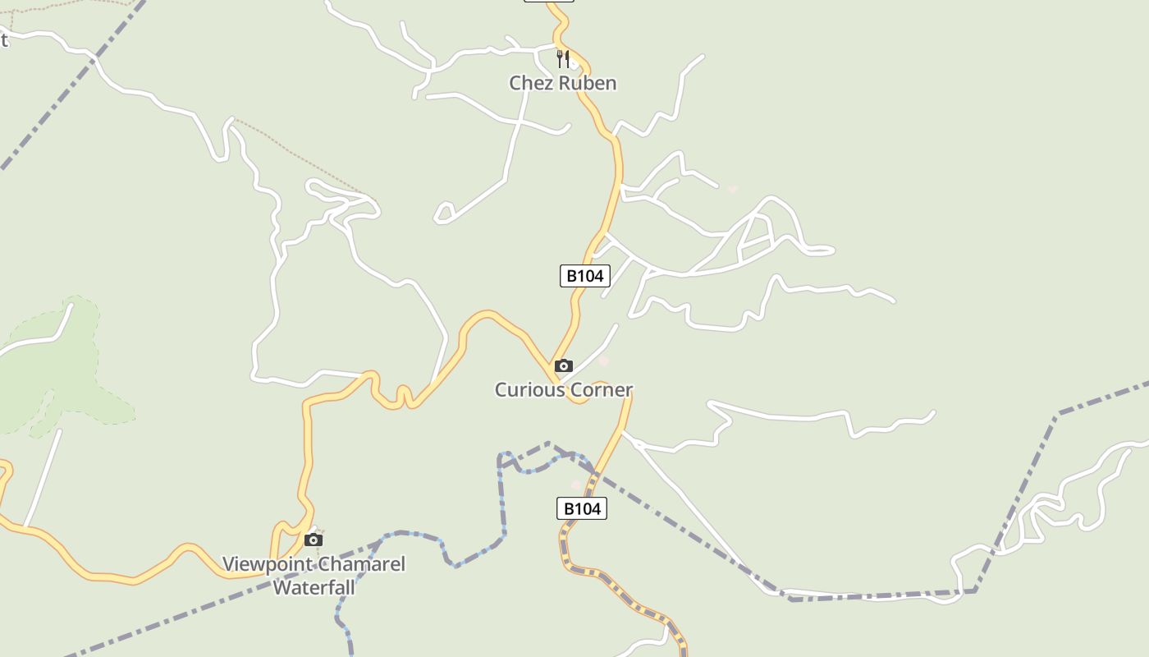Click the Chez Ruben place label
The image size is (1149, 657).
[x=562, y=83]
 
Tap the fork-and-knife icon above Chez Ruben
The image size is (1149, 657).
[x=563, y=58]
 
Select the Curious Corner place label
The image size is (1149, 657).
[x=564, y=389]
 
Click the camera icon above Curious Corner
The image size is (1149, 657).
[x=564, y=366]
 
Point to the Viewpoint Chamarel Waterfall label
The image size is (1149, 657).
[x=314, y=576]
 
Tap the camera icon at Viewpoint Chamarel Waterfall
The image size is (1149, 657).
[x=313, y=540]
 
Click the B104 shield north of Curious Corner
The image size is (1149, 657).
[x=585, y=276]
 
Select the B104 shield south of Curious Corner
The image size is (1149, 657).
[x=582, y=508]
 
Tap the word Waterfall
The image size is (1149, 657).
[x=314, y=588]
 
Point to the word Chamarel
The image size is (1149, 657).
[x=360, y=565]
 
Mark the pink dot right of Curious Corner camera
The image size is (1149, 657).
[x=604, y=361]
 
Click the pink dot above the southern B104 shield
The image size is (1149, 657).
[x=576, y=485]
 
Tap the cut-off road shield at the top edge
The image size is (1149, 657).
[x=548, y=1]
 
